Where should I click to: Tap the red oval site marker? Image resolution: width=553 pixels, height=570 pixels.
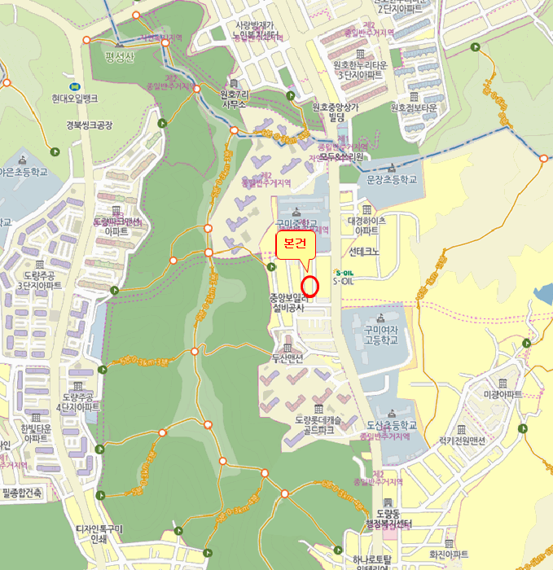pos(309,286)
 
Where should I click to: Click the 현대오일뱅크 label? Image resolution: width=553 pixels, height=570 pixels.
pos(74,98)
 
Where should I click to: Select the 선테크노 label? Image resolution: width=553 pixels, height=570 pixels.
pos(364,252)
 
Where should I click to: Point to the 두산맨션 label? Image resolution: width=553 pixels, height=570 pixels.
pos(287,358)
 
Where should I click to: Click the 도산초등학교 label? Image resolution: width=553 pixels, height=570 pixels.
pos(391,425)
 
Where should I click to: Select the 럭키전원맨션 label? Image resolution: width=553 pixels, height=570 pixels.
pos(462,440)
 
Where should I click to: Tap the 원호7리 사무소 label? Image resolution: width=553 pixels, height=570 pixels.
pos(233,99)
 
